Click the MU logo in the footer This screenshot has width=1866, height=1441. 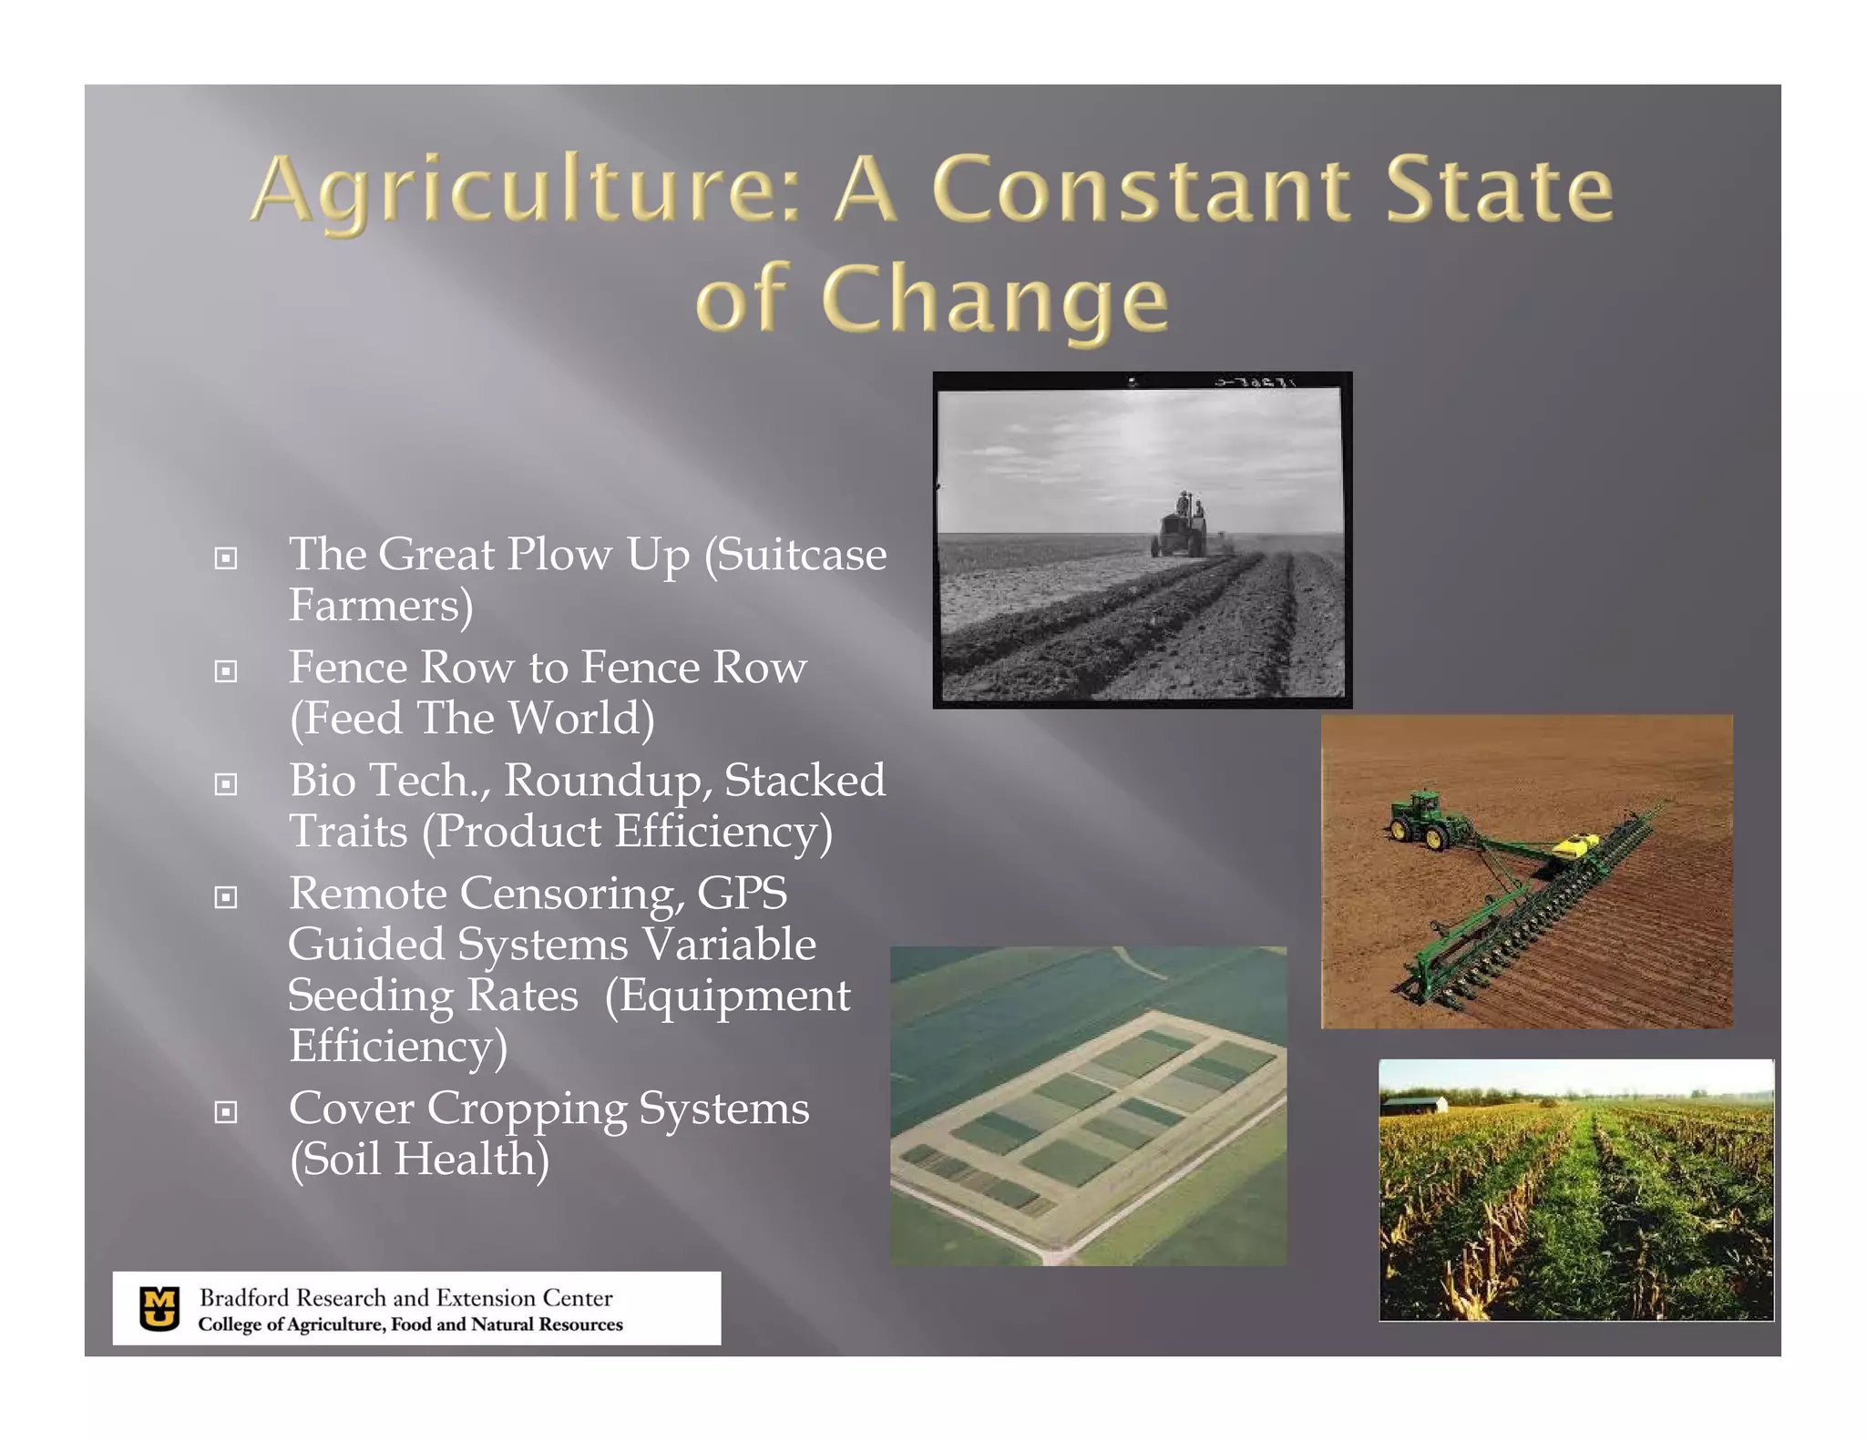[x=160, y=1309]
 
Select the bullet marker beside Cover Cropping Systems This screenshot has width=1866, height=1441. [x=226, y=1112]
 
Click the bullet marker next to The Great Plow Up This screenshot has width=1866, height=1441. [x=226, y=557]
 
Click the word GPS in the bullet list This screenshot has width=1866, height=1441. [x=742, y=894]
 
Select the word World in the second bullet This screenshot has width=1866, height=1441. [x=580, y=719]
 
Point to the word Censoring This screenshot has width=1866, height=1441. [x=572, y=894]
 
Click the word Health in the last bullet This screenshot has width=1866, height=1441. [x=471, y=1160]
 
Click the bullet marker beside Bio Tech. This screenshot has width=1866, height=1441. [x=226, y=784]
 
